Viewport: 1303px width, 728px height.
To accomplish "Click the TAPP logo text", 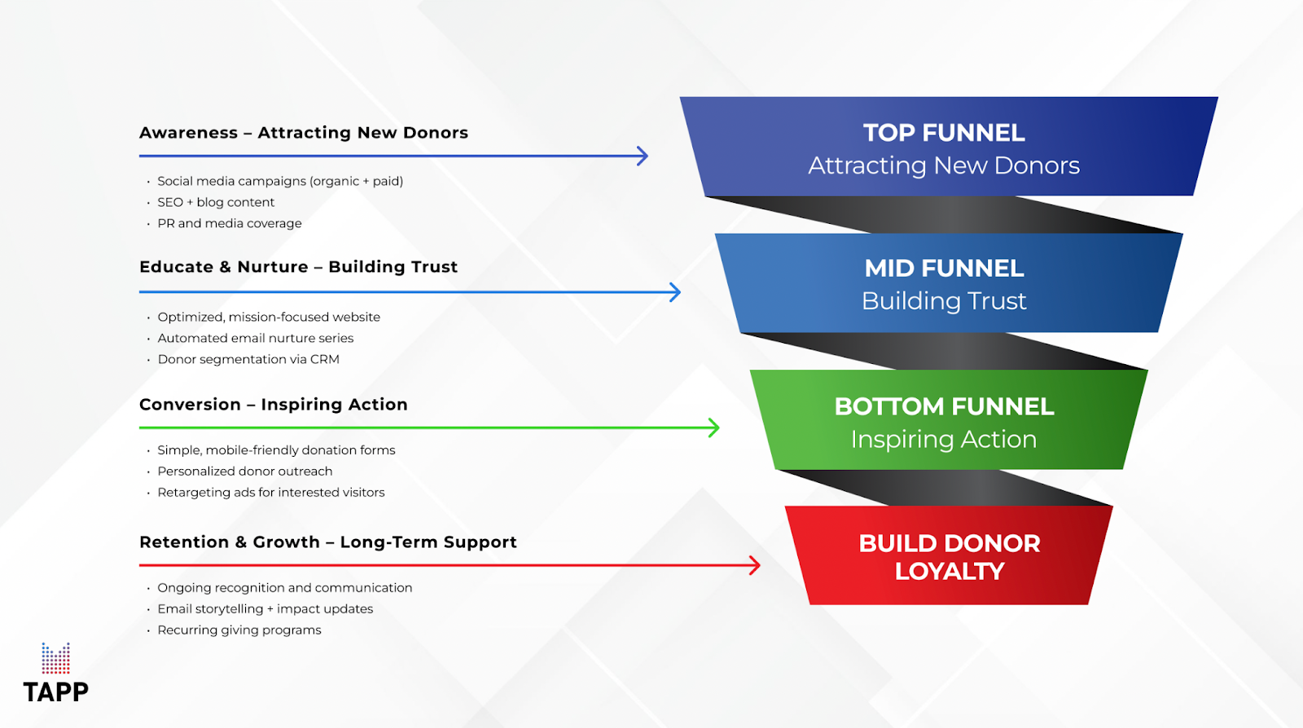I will pyautogui.click(x=55, y=692).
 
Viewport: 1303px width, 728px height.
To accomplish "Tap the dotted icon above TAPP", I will pyautogui.click(x=55, y=658).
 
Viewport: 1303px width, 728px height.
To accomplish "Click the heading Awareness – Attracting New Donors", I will pyautogui.click(x=304, y=133).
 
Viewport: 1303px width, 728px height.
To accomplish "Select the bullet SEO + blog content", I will pyautogui.click(x=216, y=202).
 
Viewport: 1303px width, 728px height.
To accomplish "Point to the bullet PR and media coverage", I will pyautogui.click(x=230, y=223).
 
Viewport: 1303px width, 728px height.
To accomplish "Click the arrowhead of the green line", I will pyautogui.click(x=714, y=428).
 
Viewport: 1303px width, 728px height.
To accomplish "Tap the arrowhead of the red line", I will pyautogui.click(x=755, y=565).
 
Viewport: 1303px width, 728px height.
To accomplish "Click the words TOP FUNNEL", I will pyautogui.click(x=944, y=133).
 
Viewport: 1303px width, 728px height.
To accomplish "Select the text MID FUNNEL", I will pyautogui.click(x=944, y=268).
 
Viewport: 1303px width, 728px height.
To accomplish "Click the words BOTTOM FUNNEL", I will pyautogui.click(x=944, y=406).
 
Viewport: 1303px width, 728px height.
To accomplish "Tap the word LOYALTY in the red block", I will pyautogui.click(x=950, y=572).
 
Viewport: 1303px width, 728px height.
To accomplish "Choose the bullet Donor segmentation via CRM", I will pyautogui.click(x=248, y=359).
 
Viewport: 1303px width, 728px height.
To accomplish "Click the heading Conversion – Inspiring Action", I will pyautogui.click(x=274, y=405).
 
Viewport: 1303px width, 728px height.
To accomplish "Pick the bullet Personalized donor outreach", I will pyautogui.click(x=245, y=471).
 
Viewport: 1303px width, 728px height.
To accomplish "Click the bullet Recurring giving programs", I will pyautogui.click(x=239, y=630).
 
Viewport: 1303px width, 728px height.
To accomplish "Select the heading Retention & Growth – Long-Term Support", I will pyautogui.click(x=328, y=542).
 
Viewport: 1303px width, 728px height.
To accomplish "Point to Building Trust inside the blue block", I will pyautogui.click(x=944, y=301).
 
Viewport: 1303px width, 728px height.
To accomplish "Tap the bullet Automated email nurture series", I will pyautogui.click(x=256, y=338).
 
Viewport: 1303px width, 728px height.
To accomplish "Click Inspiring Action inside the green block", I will pyautogui.click(x=944, y=440).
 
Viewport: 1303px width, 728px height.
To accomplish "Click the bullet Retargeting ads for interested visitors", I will pyautogui.click(x=271, y=492).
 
